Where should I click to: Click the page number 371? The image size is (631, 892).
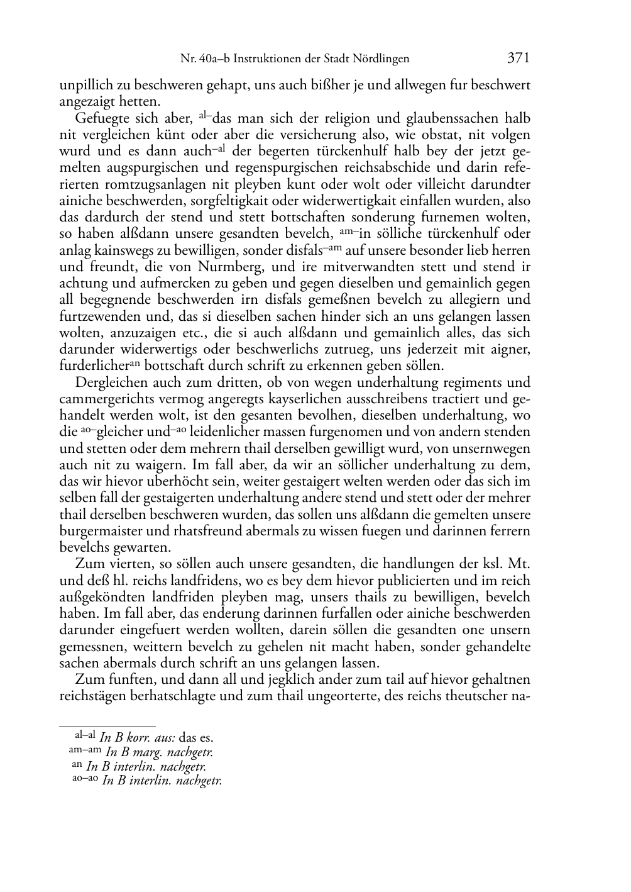tap(519, 59)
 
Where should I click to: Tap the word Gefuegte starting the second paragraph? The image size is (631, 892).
tap(101, 118)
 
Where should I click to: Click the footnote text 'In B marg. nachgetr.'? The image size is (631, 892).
tap(159, 751)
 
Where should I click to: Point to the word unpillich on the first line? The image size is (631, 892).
tap(84, 85)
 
